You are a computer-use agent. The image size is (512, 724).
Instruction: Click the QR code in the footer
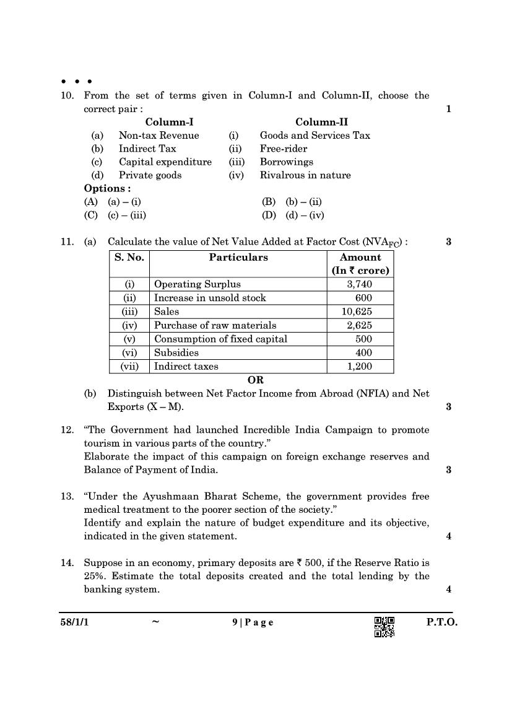click(x=384, y=627)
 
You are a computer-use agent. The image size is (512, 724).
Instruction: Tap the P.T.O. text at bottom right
click(x=441, y=622)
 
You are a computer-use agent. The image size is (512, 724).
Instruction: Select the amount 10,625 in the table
click(x=360, y=312)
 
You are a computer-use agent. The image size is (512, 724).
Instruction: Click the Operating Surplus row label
click(x=197, y=284)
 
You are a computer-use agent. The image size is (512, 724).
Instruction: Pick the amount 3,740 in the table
click(x=360, y=284)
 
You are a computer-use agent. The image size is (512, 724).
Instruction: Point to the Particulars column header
click(x=238, y=257)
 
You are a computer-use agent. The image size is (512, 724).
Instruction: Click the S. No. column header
click(x=129, y=257)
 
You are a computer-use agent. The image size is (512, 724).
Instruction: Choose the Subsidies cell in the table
click(x=176, y=352)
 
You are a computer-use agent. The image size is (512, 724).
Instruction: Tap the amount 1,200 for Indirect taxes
click(x=360, y=366)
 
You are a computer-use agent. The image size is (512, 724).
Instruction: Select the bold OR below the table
click(x=256, y=380)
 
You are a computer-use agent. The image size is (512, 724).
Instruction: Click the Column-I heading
click(x=169, y=122)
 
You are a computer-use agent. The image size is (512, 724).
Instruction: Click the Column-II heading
click(x=321, y=122)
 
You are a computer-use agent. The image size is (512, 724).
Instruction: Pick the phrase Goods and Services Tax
click(x=315, y=135)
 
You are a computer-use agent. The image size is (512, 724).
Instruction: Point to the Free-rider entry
click(x=284, y=149)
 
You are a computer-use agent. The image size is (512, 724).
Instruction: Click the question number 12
click(x=67, y=430)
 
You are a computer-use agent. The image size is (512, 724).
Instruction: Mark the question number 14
click(x=67, y=563)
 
